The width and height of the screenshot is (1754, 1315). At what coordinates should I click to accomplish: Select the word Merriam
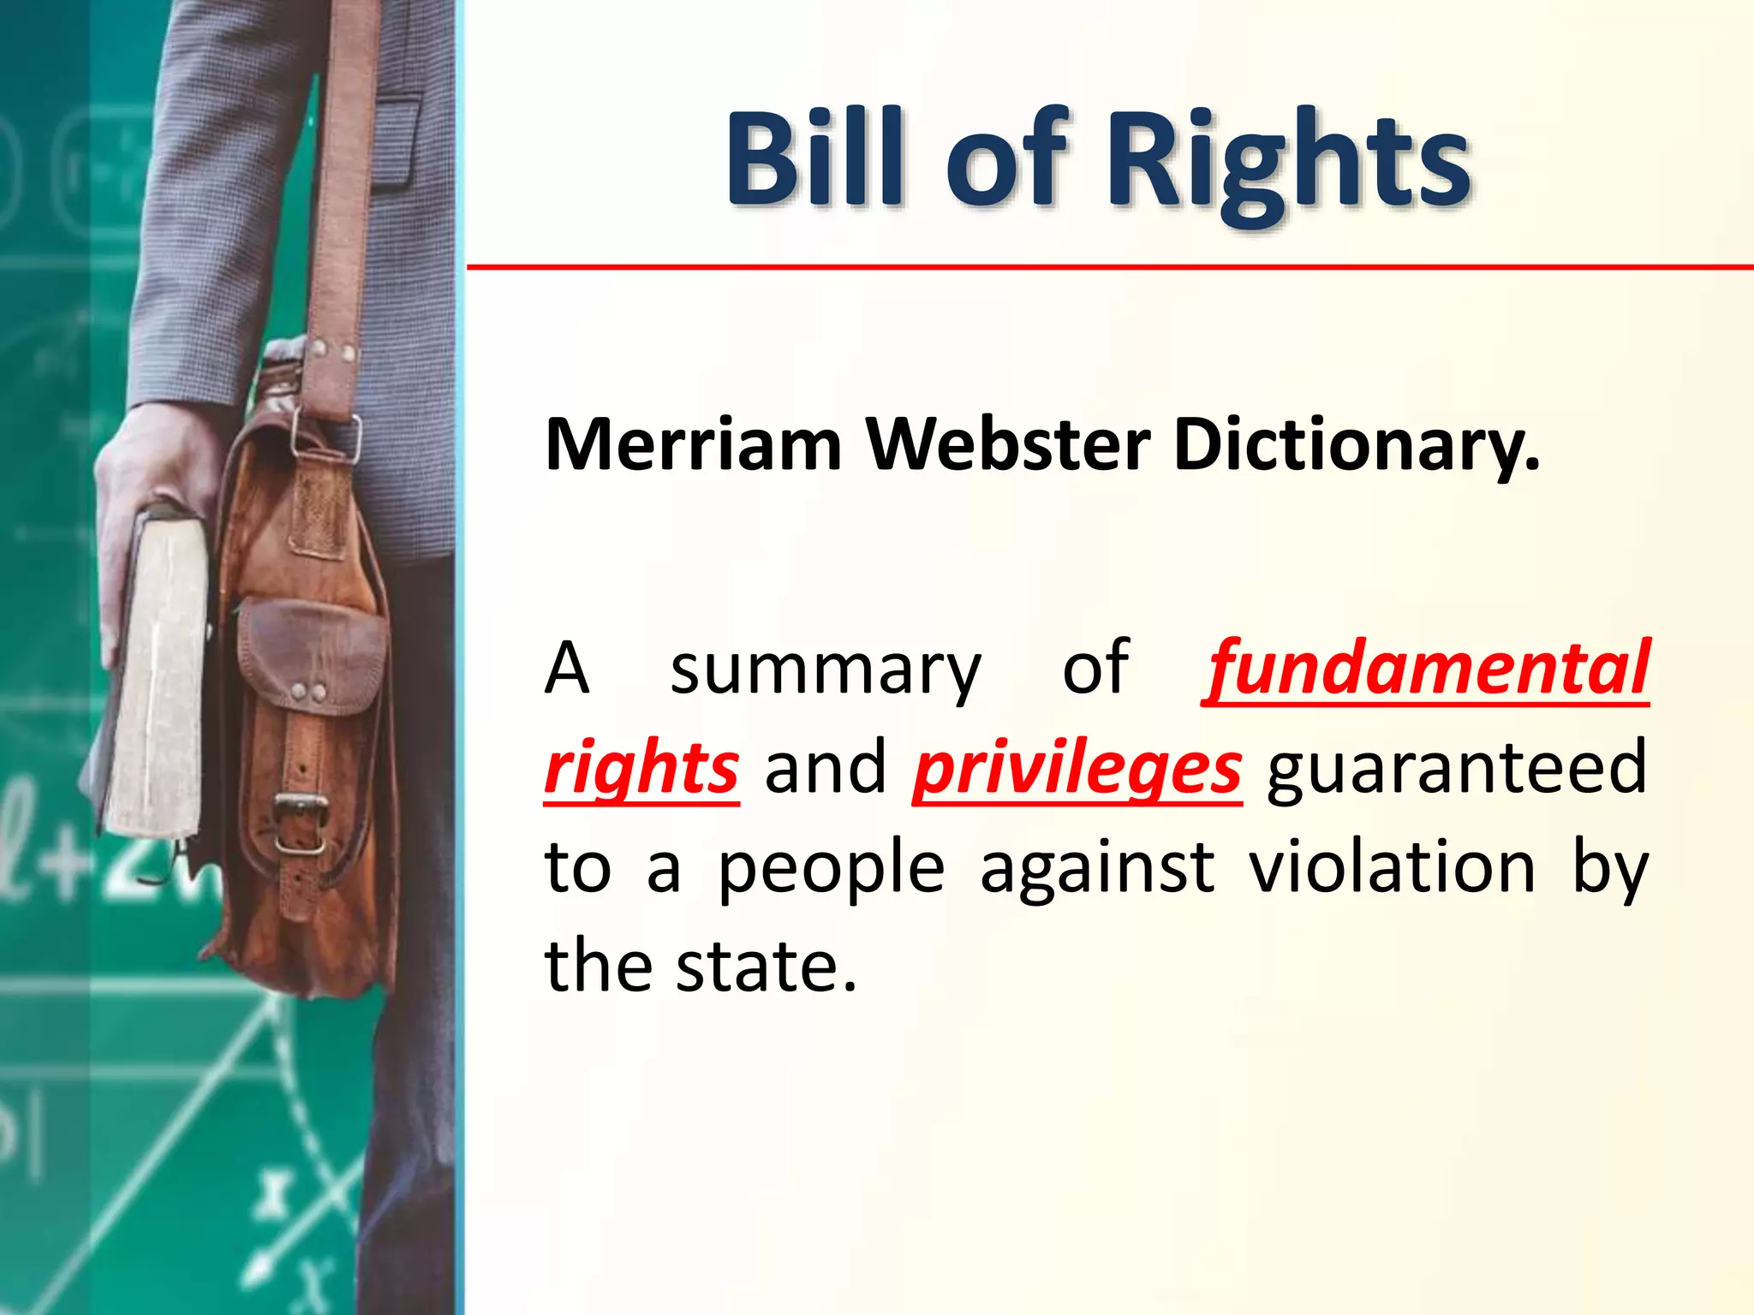[x=694, y=445]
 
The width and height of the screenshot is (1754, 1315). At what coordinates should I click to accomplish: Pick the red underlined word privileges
[x=1077, y=769]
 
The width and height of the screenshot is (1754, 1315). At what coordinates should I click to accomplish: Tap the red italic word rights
[x=641, y=769]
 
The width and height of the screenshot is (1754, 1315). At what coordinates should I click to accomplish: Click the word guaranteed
[x=1457, y=769]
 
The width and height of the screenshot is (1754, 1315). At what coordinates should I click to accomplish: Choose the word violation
[x=1392, y=868]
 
